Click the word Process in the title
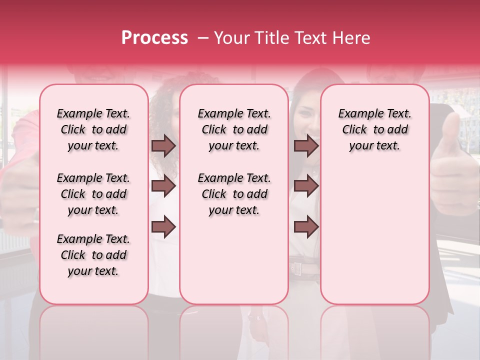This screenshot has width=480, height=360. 154,38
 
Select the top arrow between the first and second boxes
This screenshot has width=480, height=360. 163,146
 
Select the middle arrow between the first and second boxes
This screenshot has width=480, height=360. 163,186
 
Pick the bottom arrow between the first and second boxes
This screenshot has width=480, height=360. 163,227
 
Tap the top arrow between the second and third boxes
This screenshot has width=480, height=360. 306,146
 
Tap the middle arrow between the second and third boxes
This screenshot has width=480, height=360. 306,186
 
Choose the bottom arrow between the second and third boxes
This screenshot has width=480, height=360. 306,227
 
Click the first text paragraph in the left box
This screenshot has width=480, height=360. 93,129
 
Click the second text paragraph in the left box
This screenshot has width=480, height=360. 93,194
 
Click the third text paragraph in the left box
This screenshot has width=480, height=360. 93,255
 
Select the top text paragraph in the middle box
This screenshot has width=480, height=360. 234,129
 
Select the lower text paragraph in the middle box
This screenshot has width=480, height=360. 234,194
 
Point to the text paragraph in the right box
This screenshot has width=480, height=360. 374,129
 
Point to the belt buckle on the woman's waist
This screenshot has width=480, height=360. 298,268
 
